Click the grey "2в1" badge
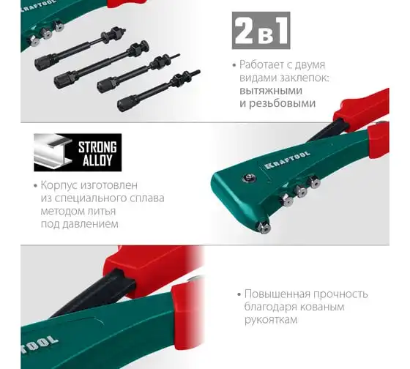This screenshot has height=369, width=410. tap(261, 30)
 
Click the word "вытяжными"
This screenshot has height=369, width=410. tap(271, 91)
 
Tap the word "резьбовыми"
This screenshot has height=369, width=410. tap(282, 103)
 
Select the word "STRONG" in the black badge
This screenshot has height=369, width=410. tap(97, 147)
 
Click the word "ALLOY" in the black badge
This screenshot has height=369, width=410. tap(97, 160)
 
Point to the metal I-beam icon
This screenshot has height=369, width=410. tap(53, 152)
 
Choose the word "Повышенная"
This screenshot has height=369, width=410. tap(277, 294)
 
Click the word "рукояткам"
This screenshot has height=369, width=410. tap(271, 320)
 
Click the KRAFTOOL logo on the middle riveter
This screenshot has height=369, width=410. tap(287, 160)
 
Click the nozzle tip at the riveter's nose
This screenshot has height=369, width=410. tap(264, 226)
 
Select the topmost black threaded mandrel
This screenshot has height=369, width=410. tap(80, 48)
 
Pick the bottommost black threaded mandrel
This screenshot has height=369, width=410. tap(159, 91)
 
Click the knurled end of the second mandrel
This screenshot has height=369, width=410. tap(61, 81)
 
